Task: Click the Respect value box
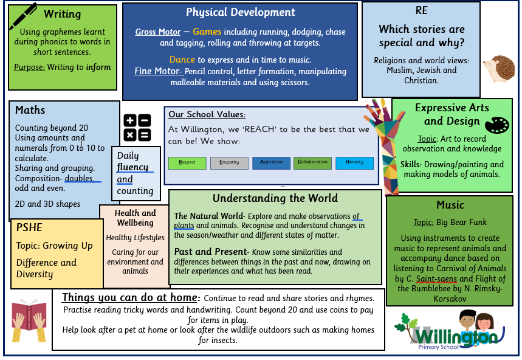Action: (187, 163)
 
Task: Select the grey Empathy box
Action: (229, 163)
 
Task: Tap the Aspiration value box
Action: (271, 163)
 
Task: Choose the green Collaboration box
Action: (313, 163)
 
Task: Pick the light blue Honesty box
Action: (354, 163)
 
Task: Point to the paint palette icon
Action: (496, 125)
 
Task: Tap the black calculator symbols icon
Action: (137, 128)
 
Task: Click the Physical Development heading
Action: (241, 12)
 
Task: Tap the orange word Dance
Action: (182, 60)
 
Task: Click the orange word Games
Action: (207, 32)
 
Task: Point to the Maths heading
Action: (30, 110)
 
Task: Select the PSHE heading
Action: (30, 227)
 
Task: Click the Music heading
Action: (450, 204)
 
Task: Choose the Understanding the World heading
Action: (275, 198)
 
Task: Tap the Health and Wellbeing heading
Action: (135, 218)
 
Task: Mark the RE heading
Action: (421, 10)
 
